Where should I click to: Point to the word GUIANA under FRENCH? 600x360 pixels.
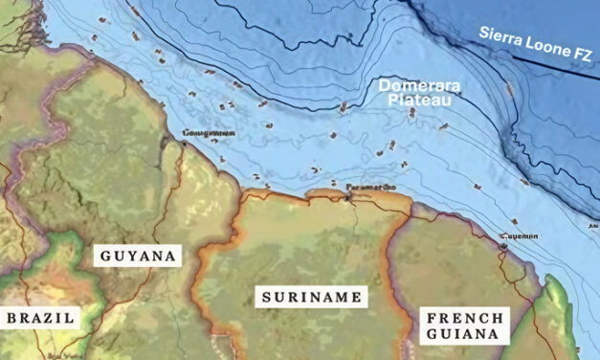[464, 335]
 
